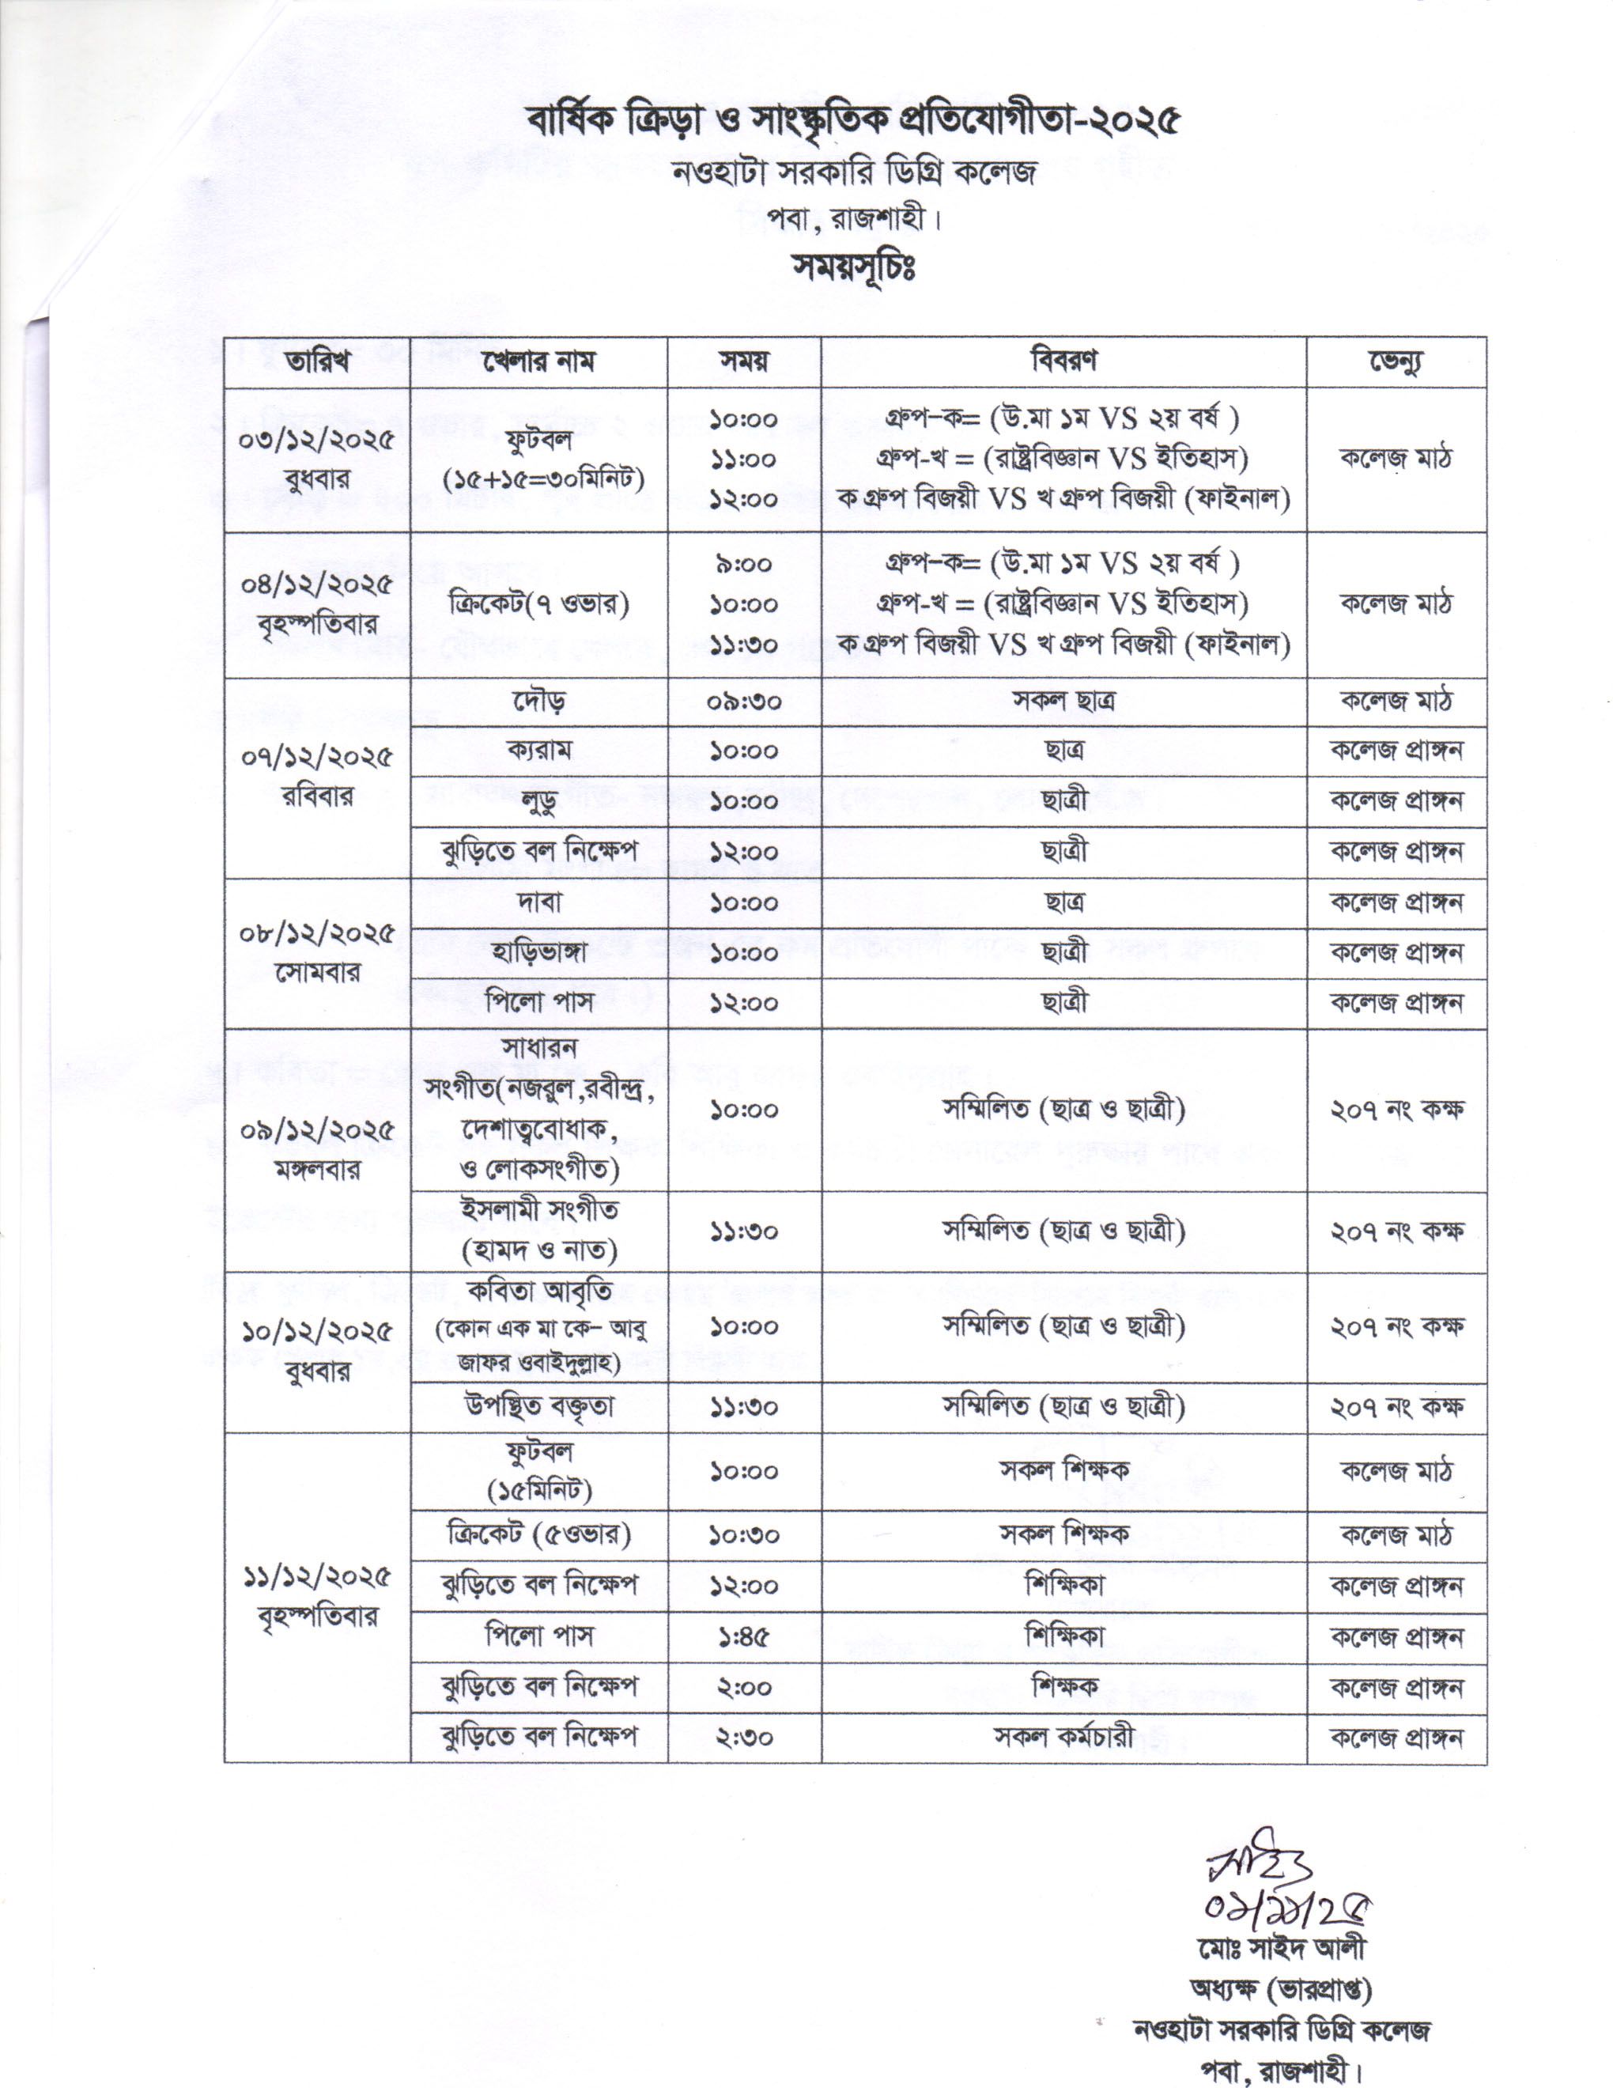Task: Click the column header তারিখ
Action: pyautogui.click(x=316, y=362)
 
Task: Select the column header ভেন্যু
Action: pyautogui.click(x=1396, y=362)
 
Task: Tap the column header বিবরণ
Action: pyautogui.click(x=1063, y=361)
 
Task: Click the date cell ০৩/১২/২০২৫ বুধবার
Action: pyautogui.click(x=316, y=459)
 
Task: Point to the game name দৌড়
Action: pyautogui.click(x=539, y=701)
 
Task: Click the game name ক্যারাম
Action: pyautogui.click(x=539, y=751)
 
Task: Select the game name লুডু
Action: pyautogui.click(x=539, y=801)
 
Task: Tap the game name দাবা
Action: pyautogui.click(x=539, y=902)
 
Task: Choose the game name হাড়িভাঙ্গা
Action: pyautogui.click(x=539, y=952)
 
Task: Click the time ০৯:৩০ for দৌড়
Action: pyautogui.click(x=743, y=701)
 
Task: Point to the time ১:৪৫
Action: pyautogui.click(x=743, y=1636)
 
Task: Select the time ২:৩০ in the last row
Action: pyautogui.click(x=743, y=1736)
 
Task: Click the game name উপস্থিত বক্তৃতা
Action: pyautogui.click(x=539, y=1406)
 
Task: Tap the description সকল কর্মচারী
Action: pyautogui.click(x=1063, y=1736)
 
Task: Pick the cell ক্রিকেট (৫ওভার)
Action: pyautogui.click(x=539, y=1535)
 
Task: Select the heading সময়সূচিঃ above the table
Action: pyautogui.click(x=853, y=267)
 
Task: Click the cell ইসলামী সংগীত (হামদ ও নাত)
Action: pyautogui.click(x=539, y=1231)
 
